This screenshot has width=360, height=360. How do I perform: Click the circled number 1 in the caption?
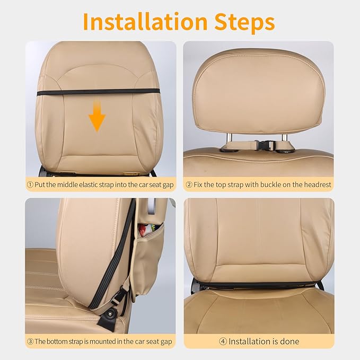(x=30, y=185)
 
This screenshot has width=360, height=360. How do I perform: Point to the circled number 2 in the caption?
(x=189, y=185)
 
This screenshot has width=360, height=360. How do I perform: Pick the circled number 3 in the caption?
(x=30, y=341)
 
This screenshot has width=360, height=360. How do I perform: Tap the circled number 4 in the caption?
(x=223, y=341)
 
